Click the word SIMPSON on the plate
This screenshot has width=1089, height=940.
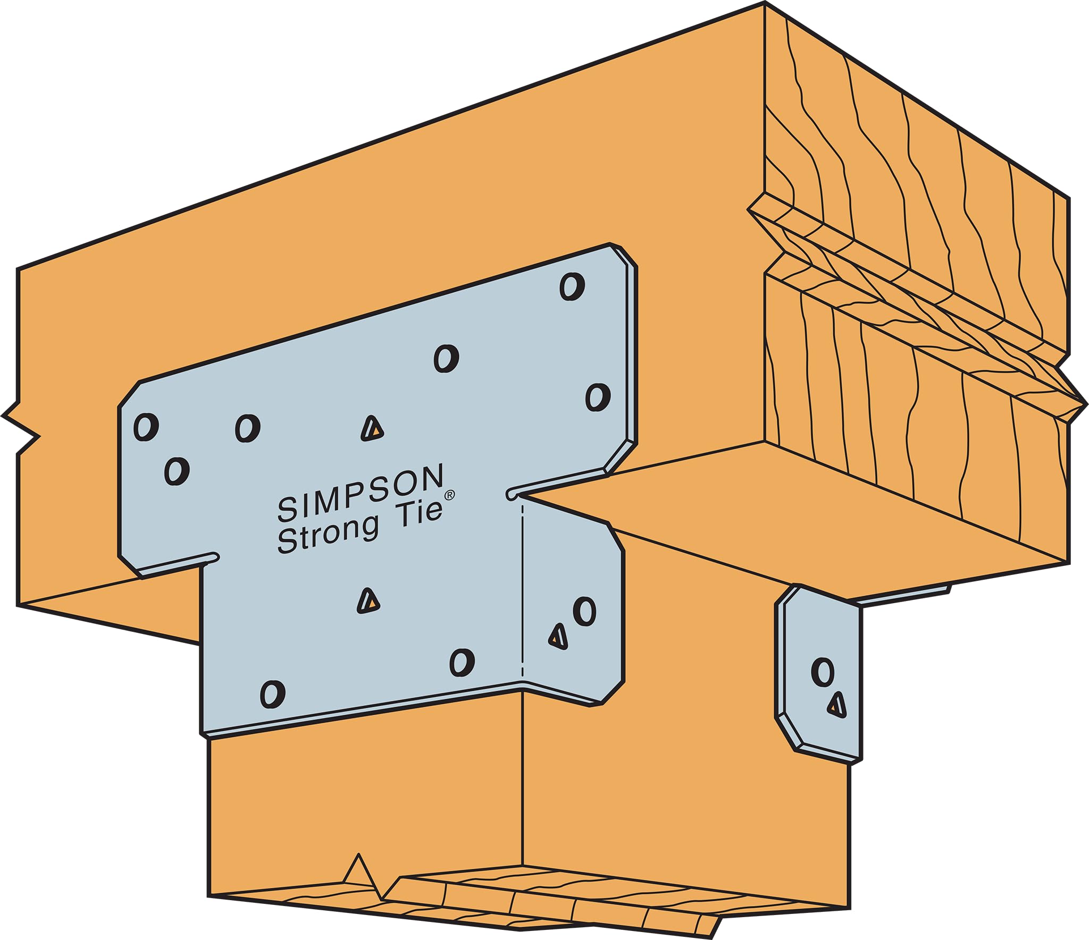[361, 492]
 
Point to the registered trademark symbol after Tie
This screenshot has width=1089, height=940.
[450, 495]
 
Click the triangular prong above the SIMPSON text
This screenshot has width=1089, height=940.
[372, 428]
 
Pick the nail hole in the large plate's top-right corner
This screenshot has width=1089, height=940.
[572, 286]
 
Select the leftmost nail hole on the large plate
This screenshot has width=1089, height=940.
[146, 427]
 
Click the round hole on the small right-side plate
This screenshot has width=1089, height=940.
[823, 672]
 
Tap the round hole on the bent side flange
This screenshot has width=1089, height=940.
[584, 612]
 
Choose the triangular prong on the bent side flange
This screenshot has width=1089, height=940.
[558, 636]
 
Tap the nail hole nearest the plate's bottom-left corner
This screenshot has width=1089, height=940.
[272, 694]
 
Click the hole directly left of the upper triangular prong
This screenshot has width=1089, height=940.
[247, 428]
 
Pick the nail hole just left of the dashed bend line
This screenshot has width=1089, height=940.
[462, 662]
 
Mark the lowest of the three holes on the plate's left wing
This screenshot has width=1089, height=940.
[177, 471]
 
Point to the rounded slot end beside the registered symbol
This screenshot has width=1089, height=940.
[512, 494]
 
